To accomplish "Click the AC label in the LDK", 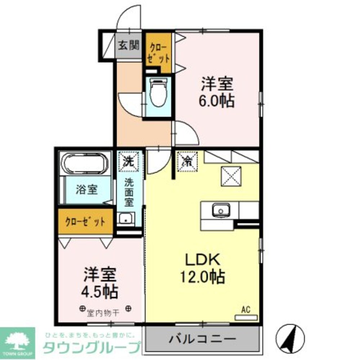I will [246, 309].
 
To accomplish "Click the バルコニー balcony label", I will [202, 339].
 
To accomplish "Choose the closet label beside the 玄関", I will [158, 53].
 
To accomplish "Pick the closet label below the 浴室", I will [85, 222].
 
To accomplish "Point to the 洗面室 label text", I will [129, 193].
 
